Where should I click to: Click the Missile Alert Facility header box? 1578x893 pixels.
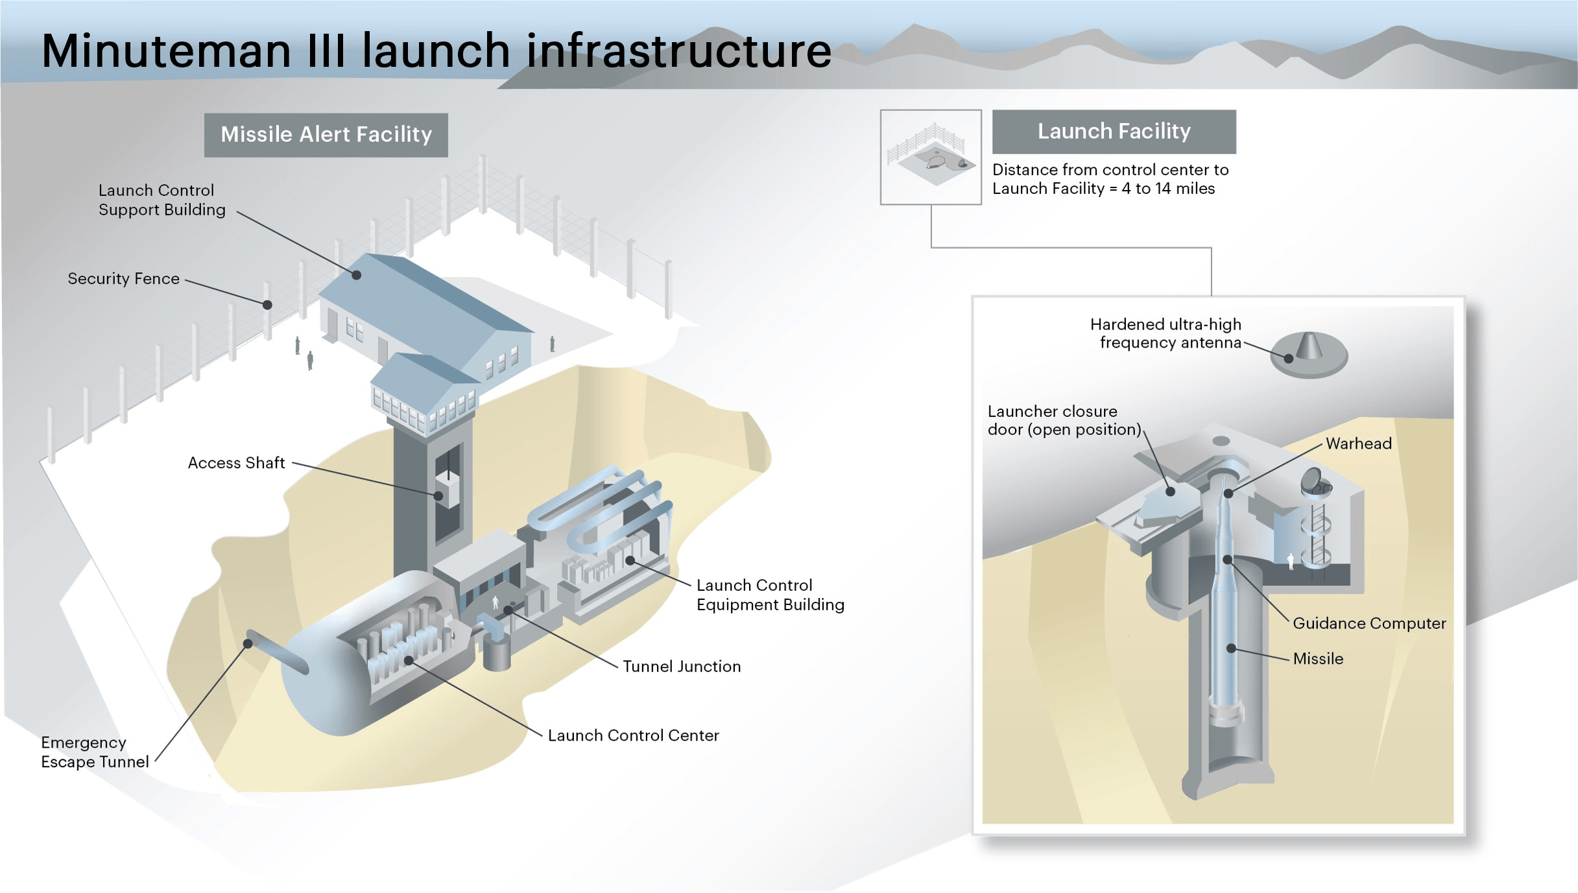(326, 135)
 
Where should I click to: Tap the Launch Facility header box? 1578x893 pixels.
(1114, 132)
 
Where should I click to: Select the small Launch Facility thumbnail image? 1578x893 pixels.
(931, 157)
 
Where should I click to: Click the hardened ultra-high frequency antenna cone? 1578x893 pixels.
(1309, 346)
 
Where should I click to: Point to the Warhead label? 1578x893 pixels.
(1358, 444)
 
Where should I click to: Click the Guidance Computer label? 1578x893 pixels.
(1369, 623)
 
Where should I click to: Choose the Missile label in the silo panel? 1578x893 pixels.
(1318, 659)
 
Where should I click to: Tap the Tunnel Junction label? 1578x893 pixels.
(682, 667)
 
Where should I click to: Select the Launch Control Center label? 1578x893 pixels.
(633, 735)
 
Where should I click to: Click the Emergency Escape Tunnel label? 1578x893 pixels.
(95, 752)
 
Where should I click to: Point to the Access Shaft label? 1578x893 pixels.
(236, 463)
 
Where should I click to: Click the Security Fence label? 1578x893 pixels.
(123, 279)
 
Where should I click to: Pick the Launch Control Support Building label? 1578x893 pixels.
(161, 200)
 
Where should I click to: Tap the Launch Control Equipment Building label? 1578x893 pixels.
(770, 595)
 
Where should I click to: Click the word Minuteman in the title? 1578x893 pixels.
(166, 51)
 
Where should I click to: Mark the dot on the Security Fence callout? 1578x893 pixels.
(267, 305)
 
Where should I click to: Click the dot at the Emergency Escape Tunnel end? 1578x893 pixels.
(248, 644)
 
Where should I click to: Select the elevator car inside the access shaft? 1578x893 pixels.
(447, 490)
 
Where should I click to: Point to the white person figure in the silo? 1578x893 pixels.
(1291, 561)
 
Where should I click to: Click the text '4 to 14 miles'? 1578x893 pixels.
(1168, 189)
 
